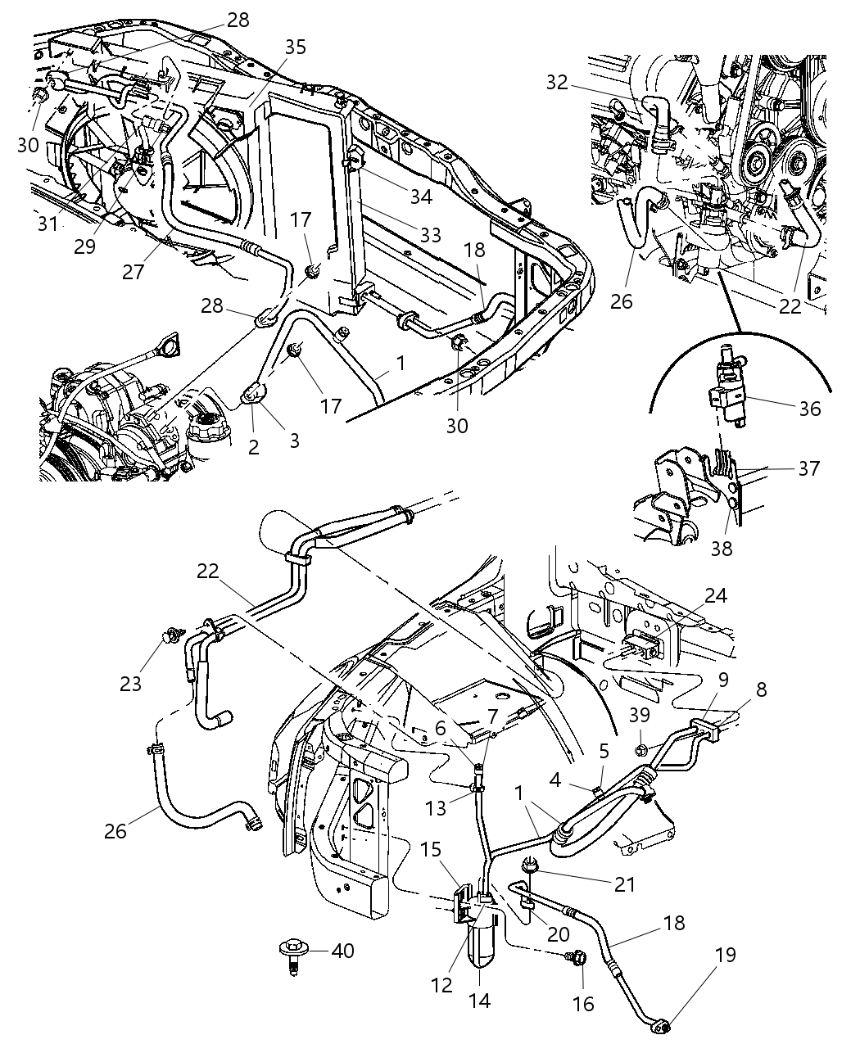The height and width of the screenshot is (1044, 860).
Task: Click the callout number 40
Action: point(343,951)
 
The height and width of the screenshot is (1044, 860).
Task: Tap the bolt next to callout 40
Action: point(290,954)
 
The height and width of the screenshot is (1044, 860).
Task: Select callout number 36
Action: point(809,407)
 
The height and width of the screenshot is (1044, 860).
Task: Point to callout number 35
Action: point(295,47)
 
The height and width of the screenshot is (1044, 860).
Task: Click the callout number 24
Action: point(716,595)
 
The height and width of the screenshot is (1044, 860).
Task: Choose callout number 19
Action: point(725,955)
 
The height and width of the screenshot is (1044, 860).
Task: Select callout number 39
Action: point(640,715)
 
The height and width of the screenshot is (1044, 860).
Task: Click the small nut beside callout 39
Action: point(642,747)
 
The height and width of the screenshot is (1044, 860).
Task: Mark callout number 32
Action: point(579,82)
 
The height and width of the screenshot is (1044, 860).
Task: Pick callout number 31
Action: point(48,222)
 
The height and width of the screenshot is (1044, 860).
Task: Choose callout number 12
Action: point(441,984)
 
